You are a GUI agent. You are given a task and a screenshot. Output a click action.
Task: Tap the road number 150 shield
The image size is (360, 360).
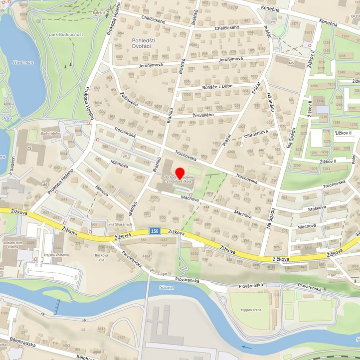(154, 231)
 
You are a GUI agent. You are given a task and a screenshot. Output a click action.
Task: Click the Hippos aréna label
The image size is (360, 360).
(251, 310)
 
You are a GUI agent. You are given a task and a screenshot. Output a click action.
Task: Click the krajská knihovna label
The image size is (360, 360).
(57, 255)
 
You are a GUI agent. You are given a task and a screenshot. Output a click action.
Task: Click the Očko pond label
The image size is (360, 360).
(6, 118)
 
